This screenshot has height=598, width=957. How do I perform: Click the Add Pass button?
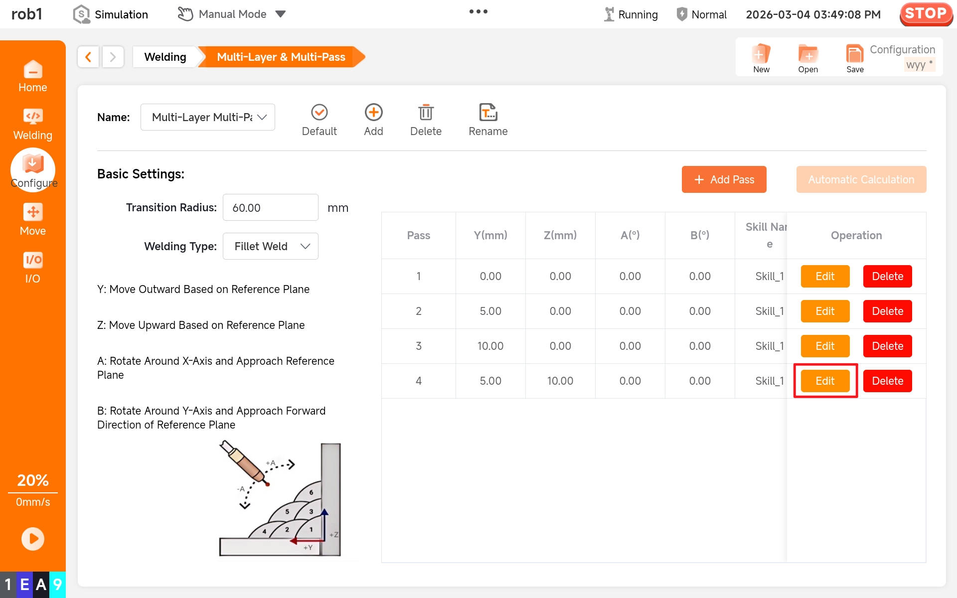(724, 179)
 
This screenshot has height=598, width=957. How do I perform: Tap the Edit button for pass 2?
(825, 311)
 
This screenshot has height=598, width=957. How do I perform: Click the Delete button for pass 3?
(887, 346)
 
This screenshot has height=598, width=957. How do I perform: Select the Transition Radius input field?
(270, 207)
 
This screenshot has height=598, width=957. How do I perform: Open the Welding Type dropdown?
(270, 246)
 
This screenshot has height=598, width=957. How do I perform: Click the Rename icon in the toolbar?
(488, 113)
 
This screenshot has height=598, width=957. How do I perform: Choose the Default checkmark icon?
(319, 112)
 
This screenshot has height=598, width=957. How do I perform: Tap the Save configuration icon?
(855, 54)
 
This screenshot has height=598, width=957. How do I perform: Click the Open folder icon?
(808, 54)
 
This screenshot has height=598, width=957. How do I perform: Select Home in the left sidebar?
(33, 76)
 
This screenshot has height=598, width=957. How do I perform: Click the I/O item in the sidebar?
(33, 268)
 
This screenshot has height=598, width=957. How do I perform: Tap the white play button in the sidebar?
(33, 539)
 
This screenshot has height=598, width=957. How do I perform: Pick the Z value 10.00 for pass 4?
(560, 381)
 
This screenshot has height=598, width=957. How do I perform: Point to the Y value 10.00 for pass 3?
(490, 346)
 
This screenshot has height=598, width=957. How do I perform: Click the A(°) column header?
(630, 235)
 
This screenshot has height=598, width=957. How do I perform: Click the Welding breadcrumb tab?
(165, 57)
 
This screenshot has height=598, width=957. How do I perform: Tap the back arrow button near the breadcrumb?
(88, 57)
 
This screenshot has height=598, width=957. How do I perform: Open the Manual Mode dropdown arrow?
(281, 14)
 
